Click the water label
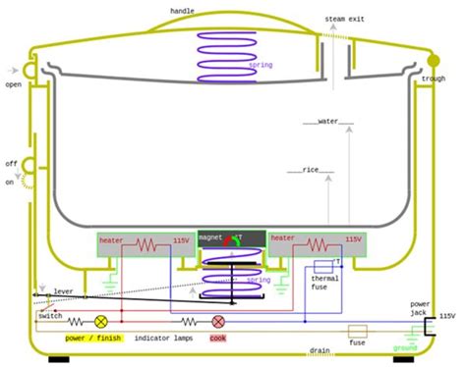tap(328, 121)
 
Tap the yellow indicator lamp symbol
tap(100, 321)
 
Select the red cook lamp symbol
tap(218, 321)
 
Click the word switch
tap(50, 316)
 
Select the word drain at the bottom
tap(320, 350)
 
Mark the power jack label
tap(420, 309)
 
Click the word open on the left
tap(13, 84)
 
